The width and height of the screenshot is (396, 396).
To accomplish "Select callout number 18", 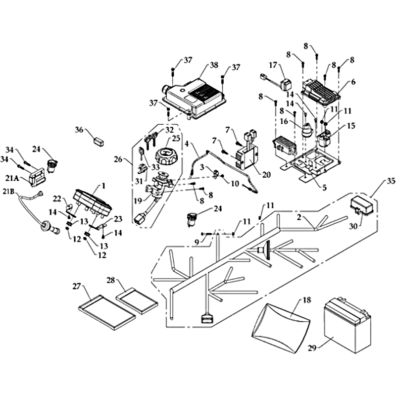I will click(306, 300).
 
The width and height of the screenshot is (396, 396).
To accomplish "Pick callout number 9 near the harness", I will click(198, 242).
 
